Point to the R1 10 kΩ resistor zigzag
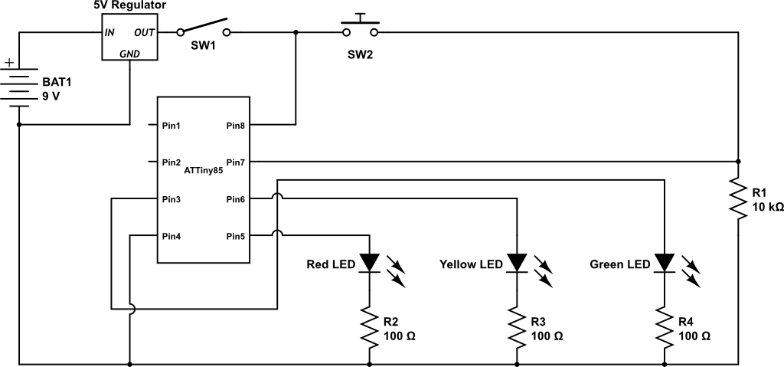point(738,198)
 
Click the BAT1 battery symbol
point(18,90)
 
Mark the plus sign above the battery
point(8,63)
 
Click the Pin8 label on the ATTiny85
point(236,125)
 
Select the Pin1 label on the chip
point(171,125)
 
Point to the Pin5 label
point(236,236)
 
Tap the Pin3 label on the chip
point(171,199)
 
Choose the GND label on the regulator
point(131,54)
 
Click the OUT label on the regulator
point(145,32)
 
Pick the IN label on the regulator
point(110,32)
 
